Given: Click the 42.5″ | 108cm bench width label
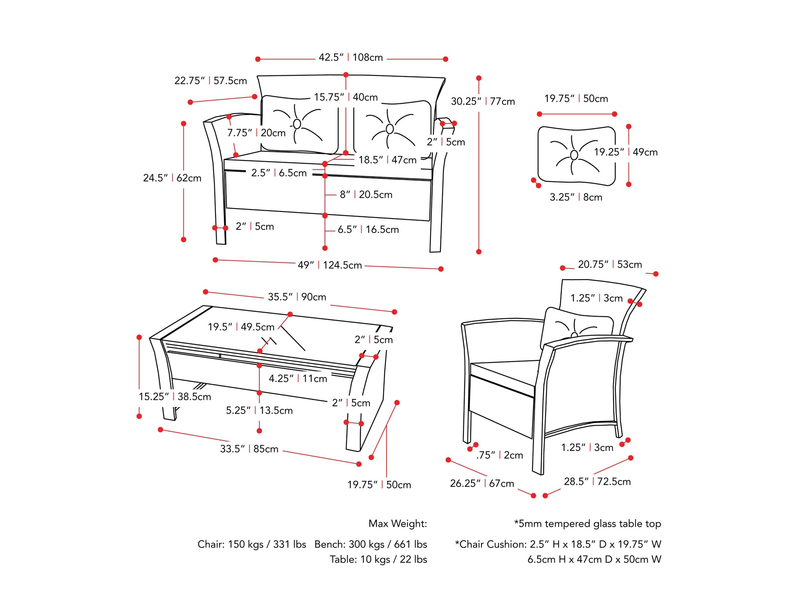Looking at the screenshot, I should (351, 58).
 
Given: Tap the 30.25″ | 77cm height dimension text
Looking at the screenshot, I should (483, 101).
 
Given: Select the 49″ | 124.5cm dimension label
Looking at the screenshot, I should (330, 265).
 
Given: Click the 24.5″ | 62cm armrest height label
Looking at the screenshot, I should (172, 178).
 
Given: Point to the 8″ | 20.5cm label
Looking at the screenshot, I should (366, 195).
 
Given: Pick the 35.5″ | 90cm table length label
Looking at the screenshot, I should (297, 297).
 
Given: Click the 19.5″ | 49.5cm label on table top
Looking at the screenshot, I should (241, 327).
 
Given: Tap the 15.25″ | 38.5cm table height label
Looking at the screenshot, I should (175, 396).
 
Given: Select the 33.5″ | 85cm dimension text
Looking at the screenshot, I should (249, 449).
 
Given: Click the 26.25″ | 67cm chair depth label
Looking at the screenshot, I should (482, 484).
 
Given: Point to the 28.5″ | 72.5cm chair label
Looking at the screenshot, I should (597, 482).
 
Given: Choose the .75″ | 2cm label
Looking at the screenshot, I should (499, 455).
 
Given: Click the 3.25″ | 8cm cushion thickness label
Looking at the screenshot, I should (576, 197).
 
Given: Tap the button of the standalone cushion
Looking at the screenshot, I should (574, 155).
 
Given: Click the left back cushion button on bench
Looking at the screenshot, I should (297, 124).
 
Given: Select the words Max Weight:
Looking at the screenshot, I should (398, 524).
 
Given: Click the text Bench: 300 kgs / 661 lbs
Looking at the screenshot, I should (371, 545).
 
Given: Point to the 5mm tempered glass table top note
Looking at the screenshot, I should (587, 524).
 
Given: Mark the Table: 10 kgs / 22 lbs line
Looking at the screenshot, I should (378, 559).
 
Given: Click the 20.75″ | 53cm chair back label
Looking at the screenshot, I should (610, 265).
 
